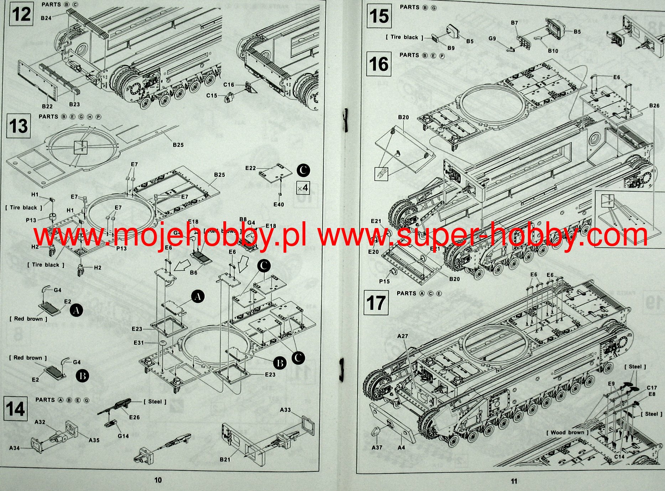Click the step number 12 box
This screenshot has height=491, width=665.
(21, 14)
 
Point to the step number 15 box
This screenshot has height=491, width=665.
(379, 16)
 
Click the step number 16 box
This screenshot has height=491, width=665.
(379, 64)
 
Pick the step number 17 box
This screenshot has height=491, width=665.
(376, 303)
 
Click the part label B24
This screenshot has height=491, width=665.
(46, 18)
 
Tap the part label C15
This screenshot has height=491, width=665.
(212, 95)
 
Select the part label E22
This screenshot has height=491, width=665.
(250, 168)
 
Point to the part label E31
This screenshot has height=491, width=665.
(139, 343)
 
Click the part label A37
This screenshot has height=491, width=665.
(377, 447)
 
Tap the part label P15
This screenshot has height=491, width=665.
(384, 281)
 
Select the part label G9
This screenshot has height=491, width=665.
(492, 38)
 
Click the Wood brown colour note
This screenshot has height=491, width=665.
(567, 433)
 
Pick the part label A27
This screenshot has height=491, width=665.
(402, 336)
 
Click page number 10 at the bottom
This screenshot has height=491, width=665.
(158, 480)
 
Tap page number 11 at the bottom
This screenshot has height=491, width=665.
(514, 481)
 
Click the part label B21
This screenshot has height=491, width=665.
(225, 460)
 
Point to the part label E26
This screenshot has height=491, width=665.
(134, 417)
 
